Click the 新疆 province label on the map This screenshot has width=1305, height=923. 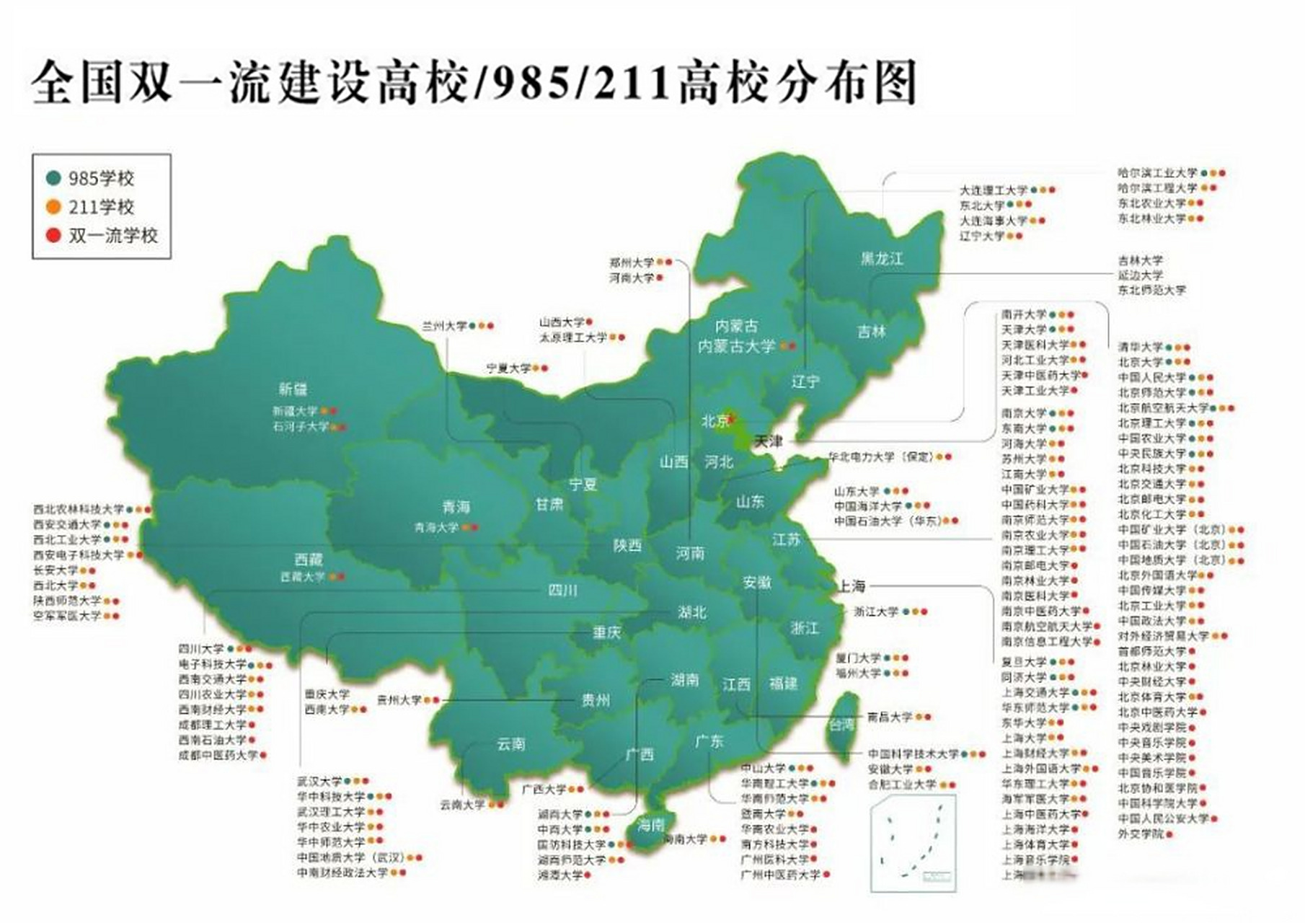pos(293,389)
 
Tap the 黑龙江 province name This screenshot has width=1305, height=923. pos(881,258)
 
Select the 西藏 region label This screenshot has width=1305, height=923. pos(309,560)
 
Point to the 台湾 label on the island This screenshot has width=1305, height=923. pos(841,725)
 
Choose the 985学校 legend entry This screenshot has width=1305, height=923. pos(100,178)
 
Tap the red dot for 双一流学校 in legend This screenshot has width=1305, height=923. pos(53,235)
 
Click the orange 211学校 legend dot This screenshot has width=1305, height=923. pos(53,207)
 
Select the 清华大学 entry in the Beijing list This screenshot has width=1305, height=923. pos(1141,347)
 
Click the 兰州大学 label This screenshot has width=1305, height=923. pos(444,326)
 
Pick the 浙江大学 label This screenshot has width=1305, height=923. pos(876,611)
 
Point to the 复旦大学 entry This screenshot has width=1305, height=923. pos(1024,661)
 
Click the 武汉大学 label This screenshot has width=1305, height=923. pos(319,781)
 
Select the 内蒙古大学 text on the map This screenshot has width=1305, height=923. pos(736,346)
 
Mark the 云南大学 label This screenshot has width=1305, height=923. pos(463,804)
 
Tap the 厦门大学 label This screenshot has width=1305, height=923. pos(858,658)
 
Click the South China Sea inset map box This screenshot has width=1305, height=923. pos(913,843)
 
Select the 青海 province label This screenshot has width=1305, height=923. pos(456,507)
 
